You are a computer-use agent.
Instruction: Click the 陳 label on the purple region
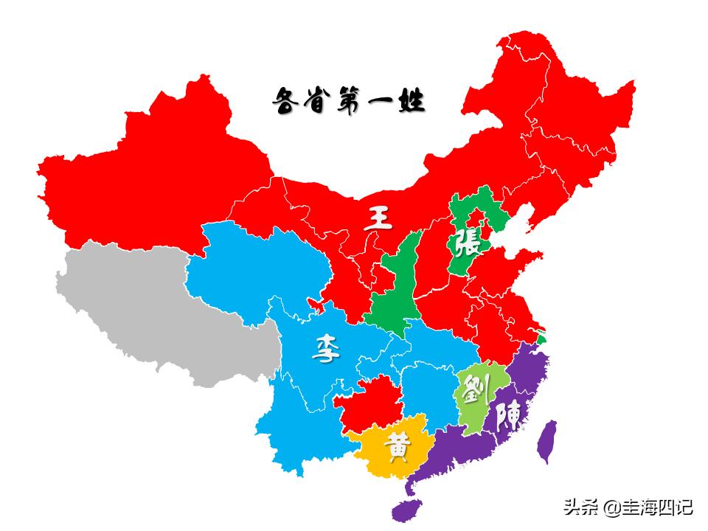point(509,417)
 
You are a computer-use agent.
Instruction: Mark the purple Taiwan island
point(546,441)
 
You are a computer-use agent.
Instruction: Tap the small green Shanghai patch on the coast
point(543,339)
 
